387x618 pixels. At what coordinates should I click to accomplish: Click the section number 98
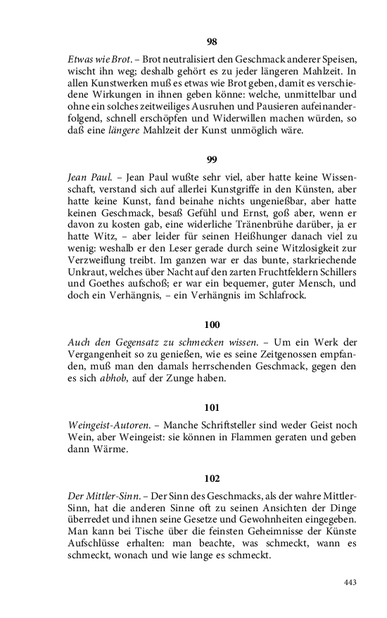pyautogui.click(x=212, y=42)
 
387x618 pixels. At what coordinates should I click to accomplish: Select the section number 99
pyautogui.click(x=212, y=159)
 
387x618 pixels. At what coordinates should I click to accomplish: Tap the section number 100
pyautogui.click(x=212, y=324)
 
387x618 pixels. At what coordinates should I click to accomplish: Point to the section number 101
pyautogui.click(x=212, y=407)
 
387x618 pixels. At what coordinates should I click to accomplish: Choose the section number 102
pyautogui.click(x=212, y=478)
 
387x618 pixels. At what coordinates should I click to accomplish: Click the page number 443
pyautogui.click(x=350, y=582)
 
